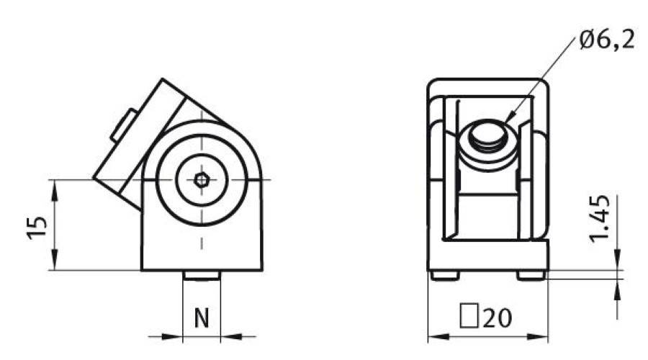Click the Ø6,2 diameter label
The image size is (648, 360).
coord(607,40)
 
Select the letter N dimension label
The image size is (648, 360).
coord(202,318)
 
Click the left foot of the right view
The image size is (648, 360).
coord(445,274)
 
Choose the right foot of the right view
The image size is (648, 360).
coord(531,274)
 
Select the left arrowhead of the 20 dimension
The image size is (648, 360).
coord(435,337)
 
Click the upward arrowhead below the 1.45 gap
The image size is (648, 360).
coord(618,286)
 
